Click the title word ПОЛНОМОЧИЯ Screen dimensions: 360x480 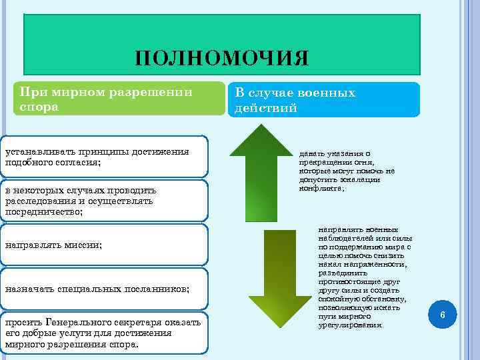221,58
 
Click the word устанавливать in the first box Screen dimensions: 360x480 39,152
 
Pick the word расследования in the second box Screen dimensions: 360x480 38,201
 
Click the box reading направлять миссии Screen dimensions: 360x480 53,245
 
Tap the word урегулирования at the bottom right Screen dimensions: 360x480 351,325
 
